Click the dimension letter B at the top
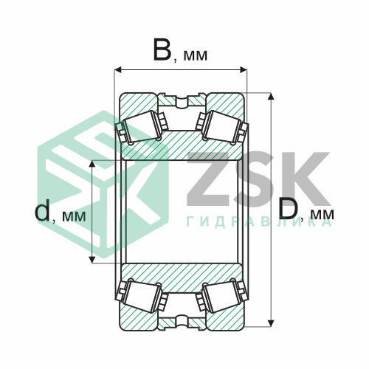(162, 49)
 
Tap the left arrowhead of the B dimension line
(118, 70)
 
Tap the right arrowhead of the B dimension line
(243, 70)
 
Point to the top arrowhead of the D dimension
(271, 97)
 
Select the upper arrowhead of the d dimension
(92, 165)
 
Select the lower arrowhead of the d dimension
(92, 259)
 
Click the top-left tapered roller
(142, 128)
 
